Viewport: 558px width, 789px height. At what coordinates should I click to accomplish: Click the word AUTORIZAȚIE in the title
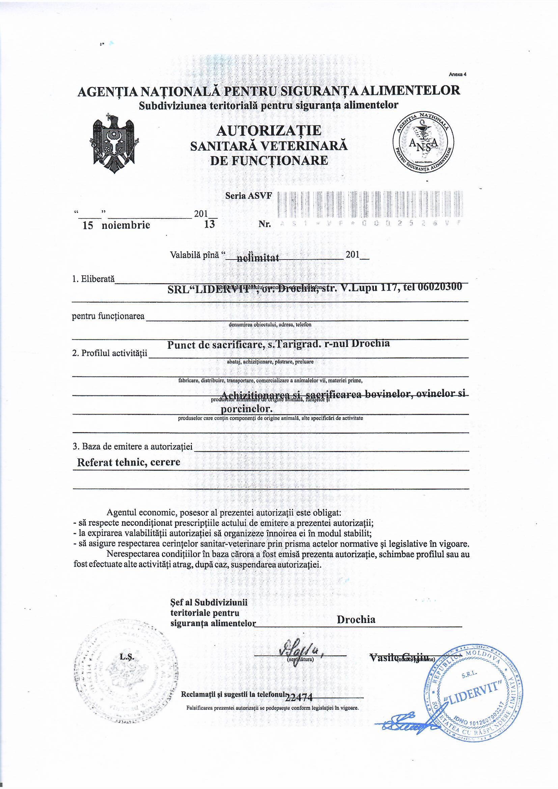[269, 131]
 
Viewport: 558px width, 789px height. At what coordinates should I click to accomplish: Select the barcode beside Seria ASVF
[370, 205]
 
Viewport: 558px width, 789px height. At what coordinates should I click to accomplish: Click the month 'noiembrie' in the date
[126, 225]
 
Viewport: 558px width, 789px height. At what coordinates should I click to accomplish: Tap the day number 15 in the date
[88, 225]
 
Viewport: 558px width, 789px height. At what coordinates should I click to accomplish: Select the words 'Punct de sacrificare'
[216, 344]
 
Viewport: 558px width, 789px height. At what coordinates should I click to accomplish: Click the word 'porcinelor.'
[246, 409]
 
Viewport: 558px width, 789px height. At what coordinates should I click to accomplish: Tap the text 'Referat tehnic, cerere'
[129, 462]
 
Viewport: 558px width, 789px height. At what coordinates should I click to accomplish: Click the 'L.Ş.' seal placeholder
[127, 657]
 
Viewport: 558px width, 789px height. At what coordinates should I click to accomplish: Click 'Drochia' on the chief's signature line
[356, 619]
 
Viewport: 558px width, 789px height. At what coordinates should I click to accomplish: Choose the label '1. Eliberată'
[93, 279]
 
